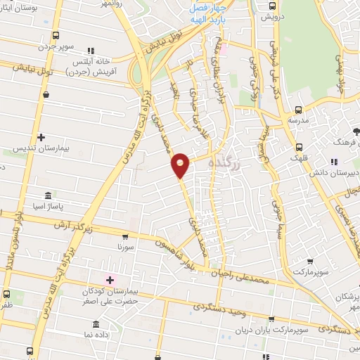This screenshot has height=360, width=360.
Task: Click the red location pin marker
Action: pyautogui.click(x=181, y=165)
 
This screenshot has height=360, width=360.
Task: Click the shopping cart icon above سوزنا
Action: pyautogui.click(x=129, y=240)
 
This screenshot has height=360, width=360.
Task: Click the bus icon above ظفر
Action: pyautogui.click(x=6, y=294)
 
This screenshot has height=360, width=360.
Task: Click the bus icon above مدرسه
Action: pyautogui.click(x=298, y=110)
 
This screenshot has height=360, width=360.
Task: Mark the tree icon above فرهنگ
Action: pyautogui.click(x=356, y=132)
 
